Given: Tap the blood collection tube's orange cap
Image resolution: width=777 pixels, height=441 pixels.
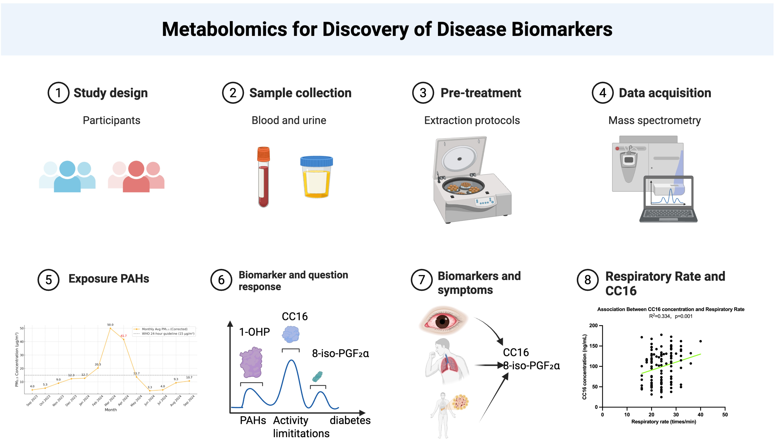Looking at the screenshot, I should click(x=263, y=154).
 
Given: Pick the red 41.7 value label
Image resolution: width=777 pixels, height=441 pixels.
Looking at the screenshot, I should click(x=124, y=336).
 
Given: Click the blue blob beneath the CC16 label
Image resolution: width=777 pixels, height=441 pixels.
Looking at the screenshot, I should click(x=291, y=334).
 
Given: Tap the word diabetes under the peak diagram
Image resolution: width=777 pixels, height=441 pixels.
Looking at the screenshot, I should click(x=350, y=420).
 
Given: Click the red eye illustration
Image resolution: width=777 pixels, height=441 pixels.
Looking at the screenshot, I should click(x=443, y=321).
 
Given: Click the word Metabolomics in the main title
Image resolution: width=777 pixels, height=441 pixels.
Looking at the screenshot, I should click(x=224, y=29).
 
